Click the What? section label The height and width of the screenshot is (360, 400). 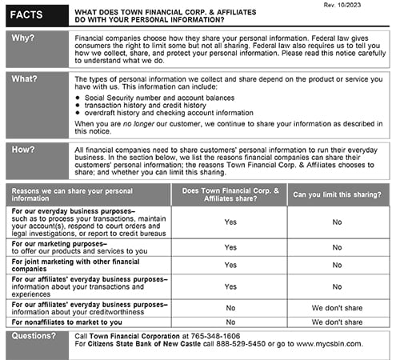(x=24, y=78)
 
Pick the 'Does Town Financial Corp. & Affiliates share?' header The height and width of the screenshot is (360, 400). (x=230, y=194)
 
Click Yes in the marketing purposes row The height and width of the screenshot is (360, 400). (x=230, y=248)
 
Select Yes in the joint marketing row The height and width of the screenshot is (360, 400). (x=230, y=265)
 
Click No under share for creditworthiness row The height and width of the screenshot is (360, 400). (x=230, y=306)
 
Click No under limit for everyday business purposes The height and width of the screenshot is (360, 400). (x=337, y=222)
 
